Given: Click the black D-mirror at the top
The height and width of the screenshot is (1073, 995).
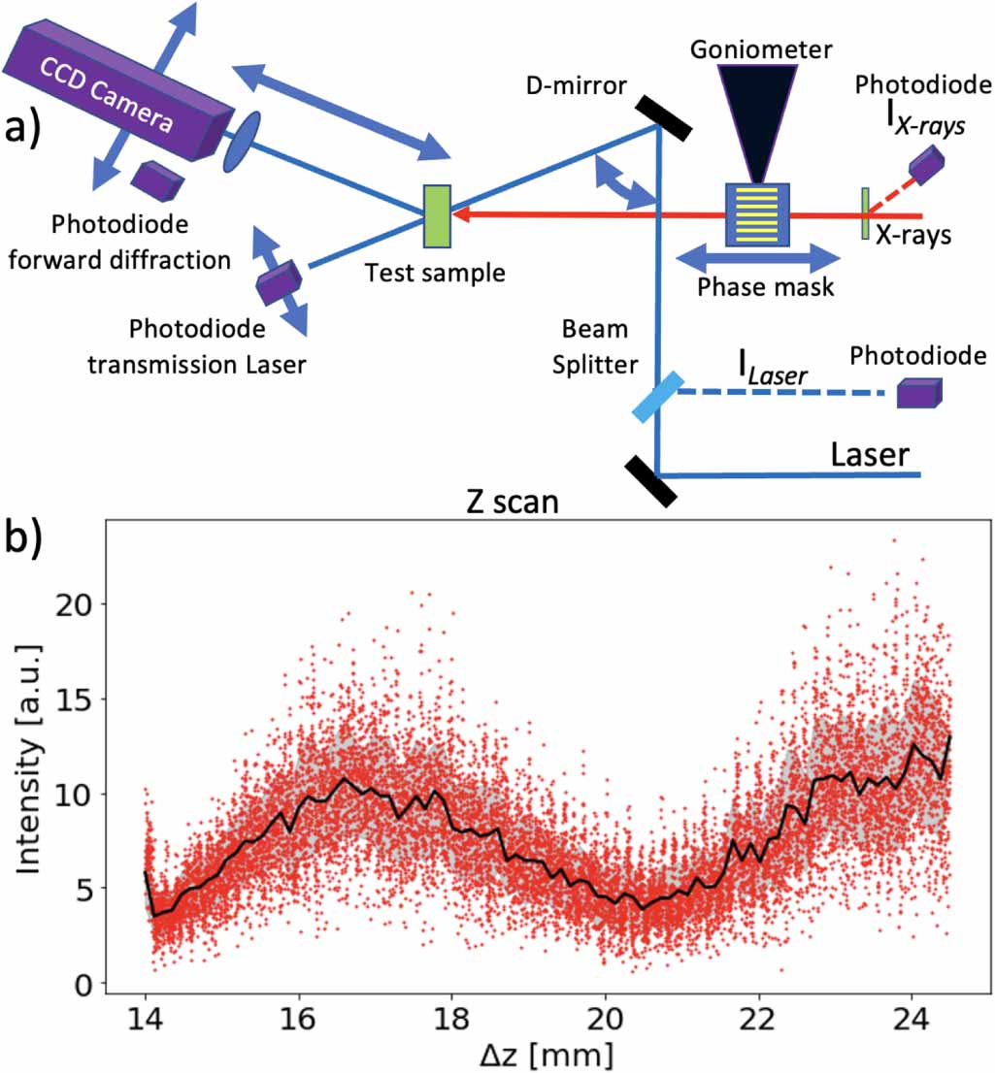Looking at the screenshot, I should tap(665, 114).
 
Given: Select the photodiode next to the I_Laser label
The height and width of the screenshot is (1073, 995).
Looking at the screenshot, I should tap(917, 391).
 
